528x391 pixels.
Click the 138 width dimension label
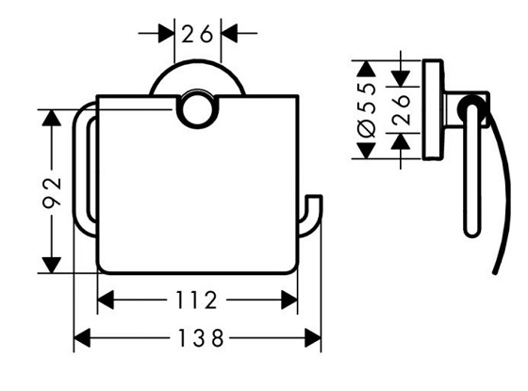(198, 336)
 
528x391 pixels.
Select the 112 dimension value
(198, 301)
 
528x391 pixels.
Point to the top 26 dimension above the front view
(198, 35)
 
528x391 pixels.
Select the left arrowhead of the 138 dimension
(82, 336)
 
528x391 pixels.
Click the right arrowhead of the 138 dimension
(314, 336)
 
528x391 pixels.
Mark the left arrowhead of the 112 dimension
(107, 301)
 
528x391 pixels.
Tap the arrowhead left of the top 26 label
(167, 34)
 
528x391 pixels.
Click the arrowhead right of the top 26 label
(229, 34)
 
